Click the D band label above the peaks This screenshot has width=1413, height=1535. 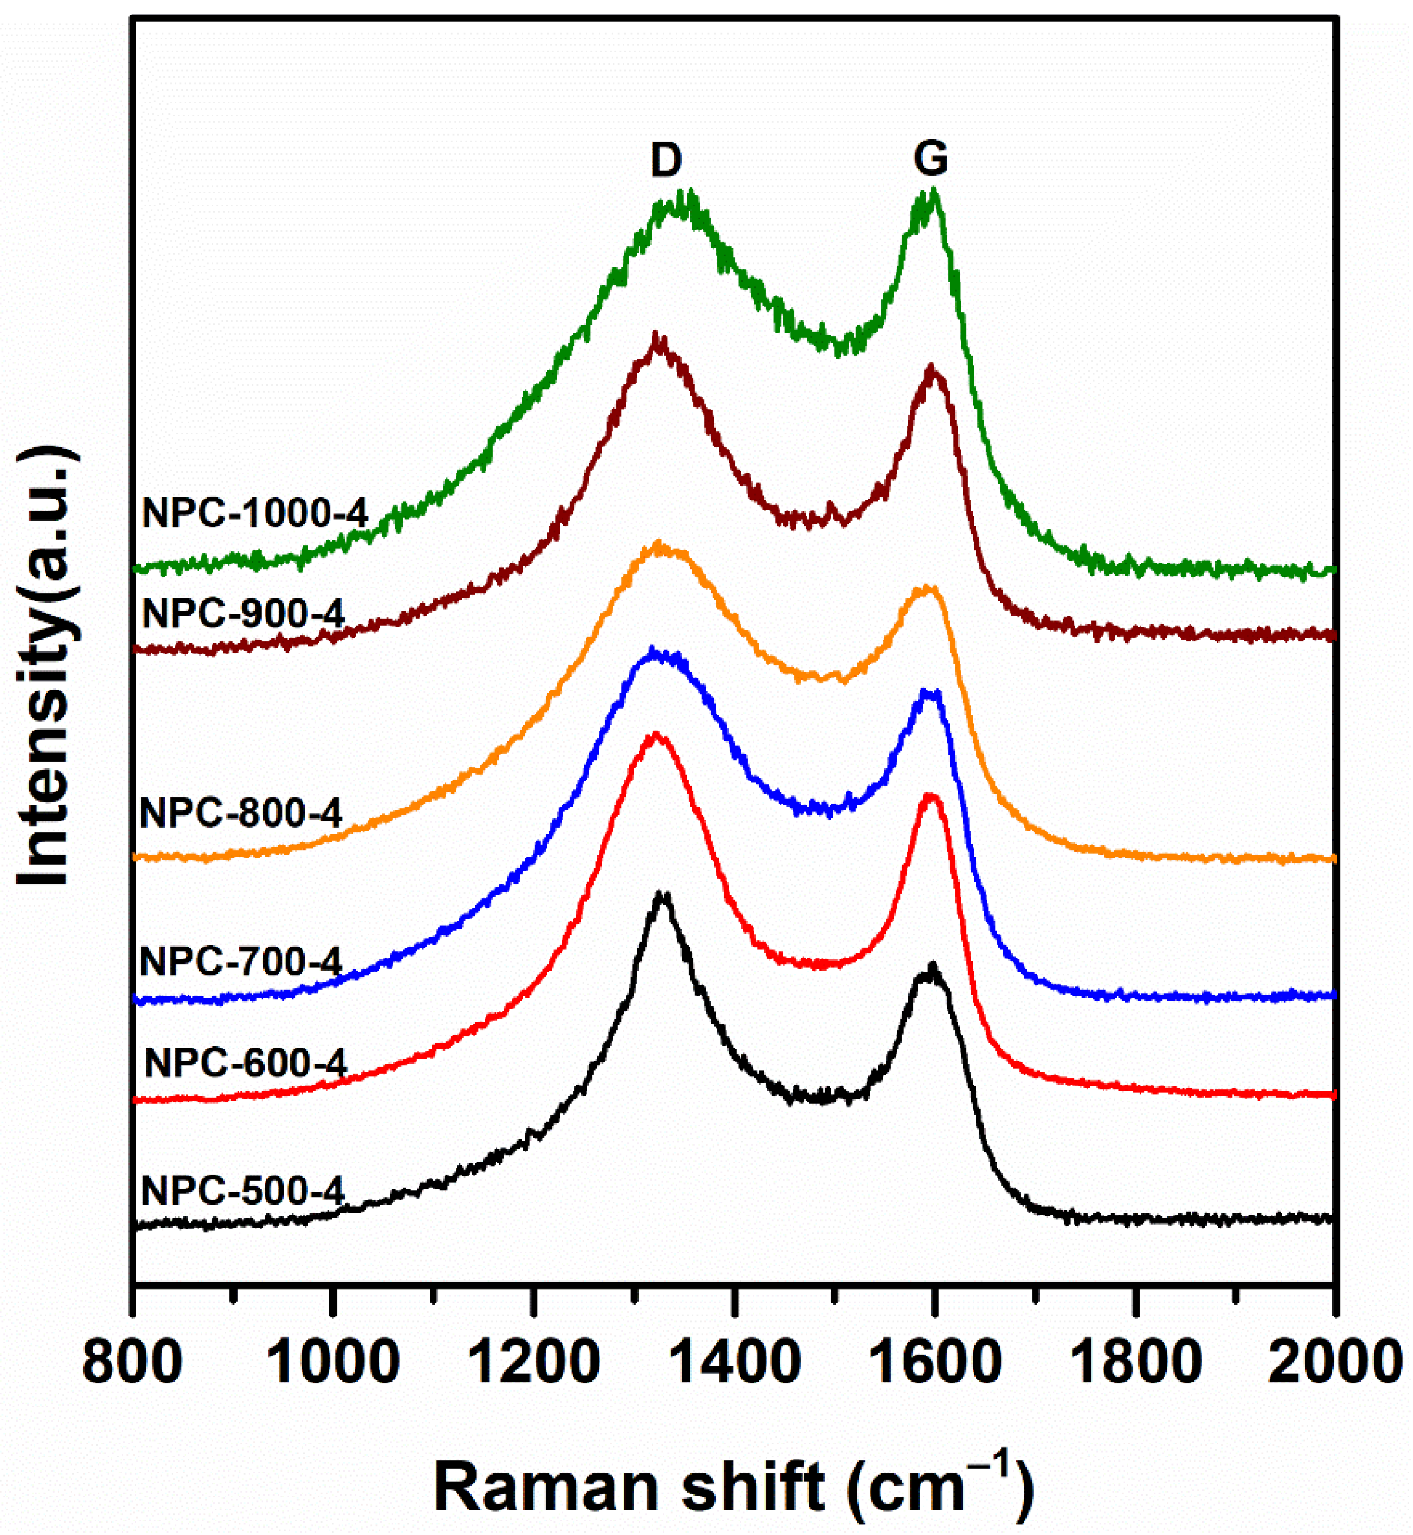coord(665,160)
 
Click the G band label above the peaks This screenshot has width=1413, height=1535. coord(930,160)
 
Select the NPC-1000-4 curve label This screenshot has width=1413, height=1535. coord(255,513)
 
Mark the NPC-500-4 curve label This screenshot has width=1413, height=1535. coord(244,1190)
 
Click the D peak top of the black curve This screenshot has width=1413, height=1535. coord(663,894)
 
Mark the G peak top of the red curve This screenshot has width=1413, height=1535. coord(930,797)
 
